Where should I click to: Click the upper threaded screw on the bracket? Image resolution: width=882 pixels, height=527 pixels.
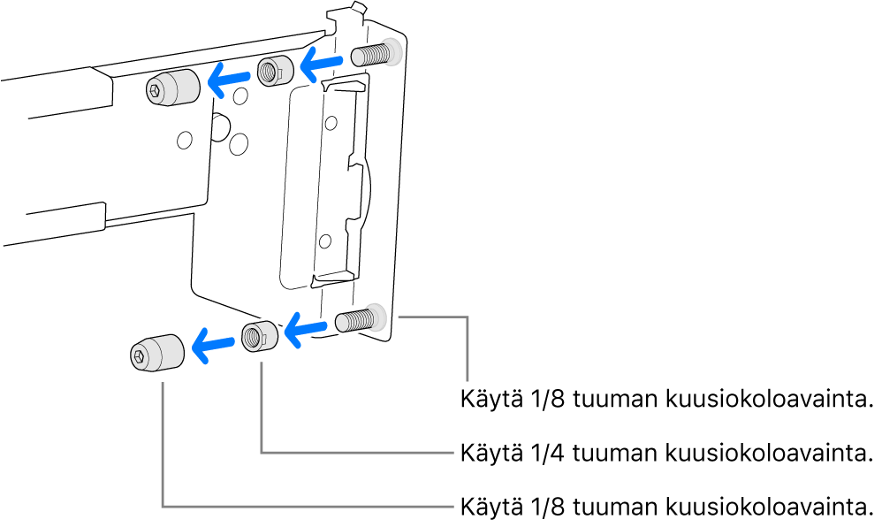coord(375,55)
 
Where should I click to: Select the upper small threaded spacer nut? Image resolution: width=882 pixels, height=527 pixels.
coord(274,70)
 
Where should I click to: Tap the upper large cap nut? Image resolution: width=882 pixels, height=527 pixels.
coord(171,87)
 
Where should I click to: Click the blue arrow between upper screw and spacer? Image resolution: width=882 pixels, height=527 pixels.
coord(320,61)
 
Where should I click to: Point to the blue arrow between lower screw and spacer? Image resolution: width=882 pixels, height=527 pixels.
coord(305,332)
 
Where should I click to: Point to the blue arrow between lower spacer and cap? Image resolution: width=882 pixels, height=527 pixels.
coord(212,345)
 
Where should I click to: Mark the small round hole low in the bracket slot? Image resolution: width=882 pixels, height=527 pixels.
coord(325,238)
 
